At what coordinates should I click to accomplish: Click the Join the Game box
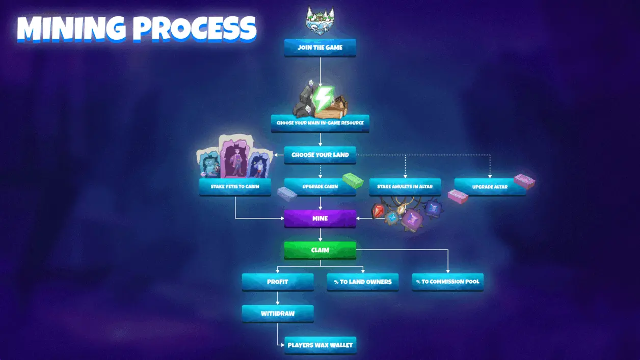(x=320, y=47)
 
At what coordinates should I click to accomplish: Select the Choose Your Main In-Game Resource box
(x=320, y=123)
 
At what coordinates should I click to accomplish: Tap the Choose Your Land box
(x=320, y=155)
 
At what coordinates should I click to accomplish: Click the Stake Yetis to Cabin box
(x=235, y=187)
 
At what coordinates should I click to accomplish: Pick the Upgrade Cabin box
(x=320, y=187)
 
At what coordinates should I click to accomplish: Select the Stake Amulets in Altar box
(x=405, y=187)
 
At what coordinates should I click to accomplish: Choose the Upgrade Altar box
(x=490, y=187)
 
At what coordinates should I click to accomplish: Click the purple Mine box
(x=320, y=218)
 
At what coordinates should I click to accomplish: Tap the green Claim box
(x=320, y=250)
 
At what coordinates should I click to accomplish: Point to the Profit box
(x=278, y=282)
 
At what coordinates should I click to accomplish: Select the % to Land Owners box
(x=363, y=282)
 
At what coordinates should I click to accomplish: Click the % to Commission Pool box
(x=448, y=282)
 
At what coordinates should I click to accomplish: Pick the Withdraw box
(x=278, y=314)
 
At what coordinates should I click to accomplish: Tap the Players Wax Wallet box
(x=320, y=345)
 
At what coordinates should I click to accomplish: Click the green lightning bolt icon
(x=323, y=99)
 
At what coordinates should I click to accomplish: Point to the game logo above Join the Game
(x=320, y=19)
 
